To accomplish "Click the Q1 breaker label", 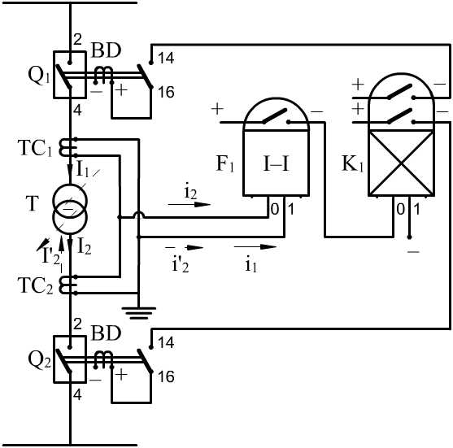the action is [39, 76].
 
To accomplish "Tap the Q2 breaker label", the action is [39, 360].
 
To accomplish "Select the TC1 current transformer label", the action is [35, 148].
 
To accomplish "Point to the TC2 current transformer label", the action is [36, 285].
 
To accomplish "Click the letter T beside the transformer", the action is [32, 203].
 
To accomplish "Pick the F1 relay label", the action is [225, 163].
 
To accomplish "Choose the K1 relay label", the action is [352, 163].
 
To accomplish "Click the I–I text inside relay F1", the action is [277, 163].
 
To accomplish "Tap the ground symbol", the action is [139, 313].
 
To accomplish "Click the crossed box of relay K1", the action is [401, 163].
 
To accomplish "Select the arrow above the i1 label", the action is [255, 246].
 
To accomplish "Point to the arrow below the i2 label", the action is [189, 205].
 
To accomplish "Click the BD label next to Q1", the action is [106, 50].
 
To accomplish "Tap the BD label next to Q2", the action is [106, 333].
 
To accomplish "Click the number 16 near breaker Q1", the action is [166, 93].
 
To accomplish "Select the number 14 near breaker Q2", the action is [166, 343].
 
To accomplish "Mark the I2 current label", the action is [85, 247].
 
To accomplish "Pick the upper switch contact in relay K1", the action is [401, 92].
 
